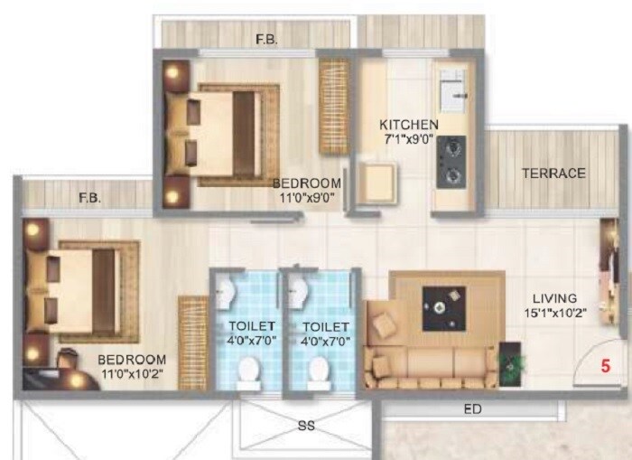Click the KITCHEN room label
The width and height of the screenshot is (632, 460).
point(409,125)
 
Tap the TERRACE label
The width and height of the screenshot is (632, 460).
point(553,173)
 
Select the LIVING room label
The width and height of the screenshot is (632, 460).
point(554,299)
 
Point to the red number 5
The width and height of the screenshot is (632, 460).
point(606,367)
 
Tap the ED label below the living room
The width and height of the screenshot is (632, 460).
point(473,409)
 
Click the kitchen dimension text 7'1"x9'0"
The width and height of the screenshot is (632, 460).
point(409,140)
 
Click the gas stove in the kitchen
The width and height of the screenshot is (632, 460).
point(451,162)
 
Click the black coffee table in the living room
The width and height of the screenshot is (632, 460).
point(444,308)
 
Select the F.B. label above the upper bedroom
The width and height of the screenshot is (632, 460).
point(266,40)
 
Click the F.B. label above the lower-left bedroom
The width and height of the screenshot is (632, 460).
point(88,198)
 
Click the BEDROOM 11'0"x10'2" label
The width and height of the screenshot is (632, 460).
point(132,367)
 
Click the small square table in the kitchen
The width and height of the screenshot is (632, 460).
point(372,183)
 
